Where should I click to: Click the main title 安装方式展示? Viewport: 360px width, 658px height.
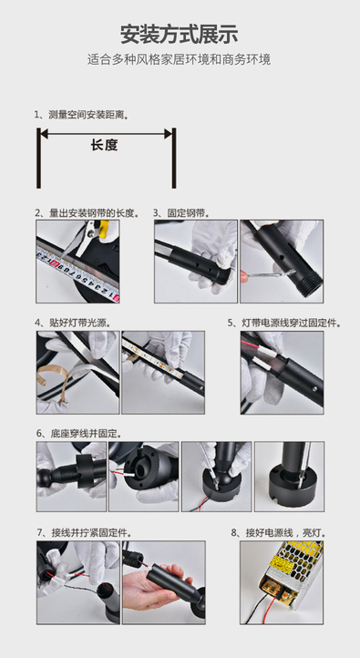click(180, 34)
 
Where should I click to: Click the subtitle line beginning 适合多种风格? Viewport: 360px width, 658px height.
click(180, 59)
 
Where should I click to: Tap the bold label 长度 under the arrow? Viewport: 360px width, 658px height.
click(105, 145)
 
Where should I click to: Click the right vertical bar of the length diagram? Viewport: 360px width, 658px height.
click(174, 158)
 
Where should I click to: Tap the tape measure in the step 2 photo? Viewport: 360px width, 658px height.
click(77, 274)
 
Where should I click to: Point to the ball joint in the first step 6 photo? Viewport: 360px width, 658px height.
click(43, 478)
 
